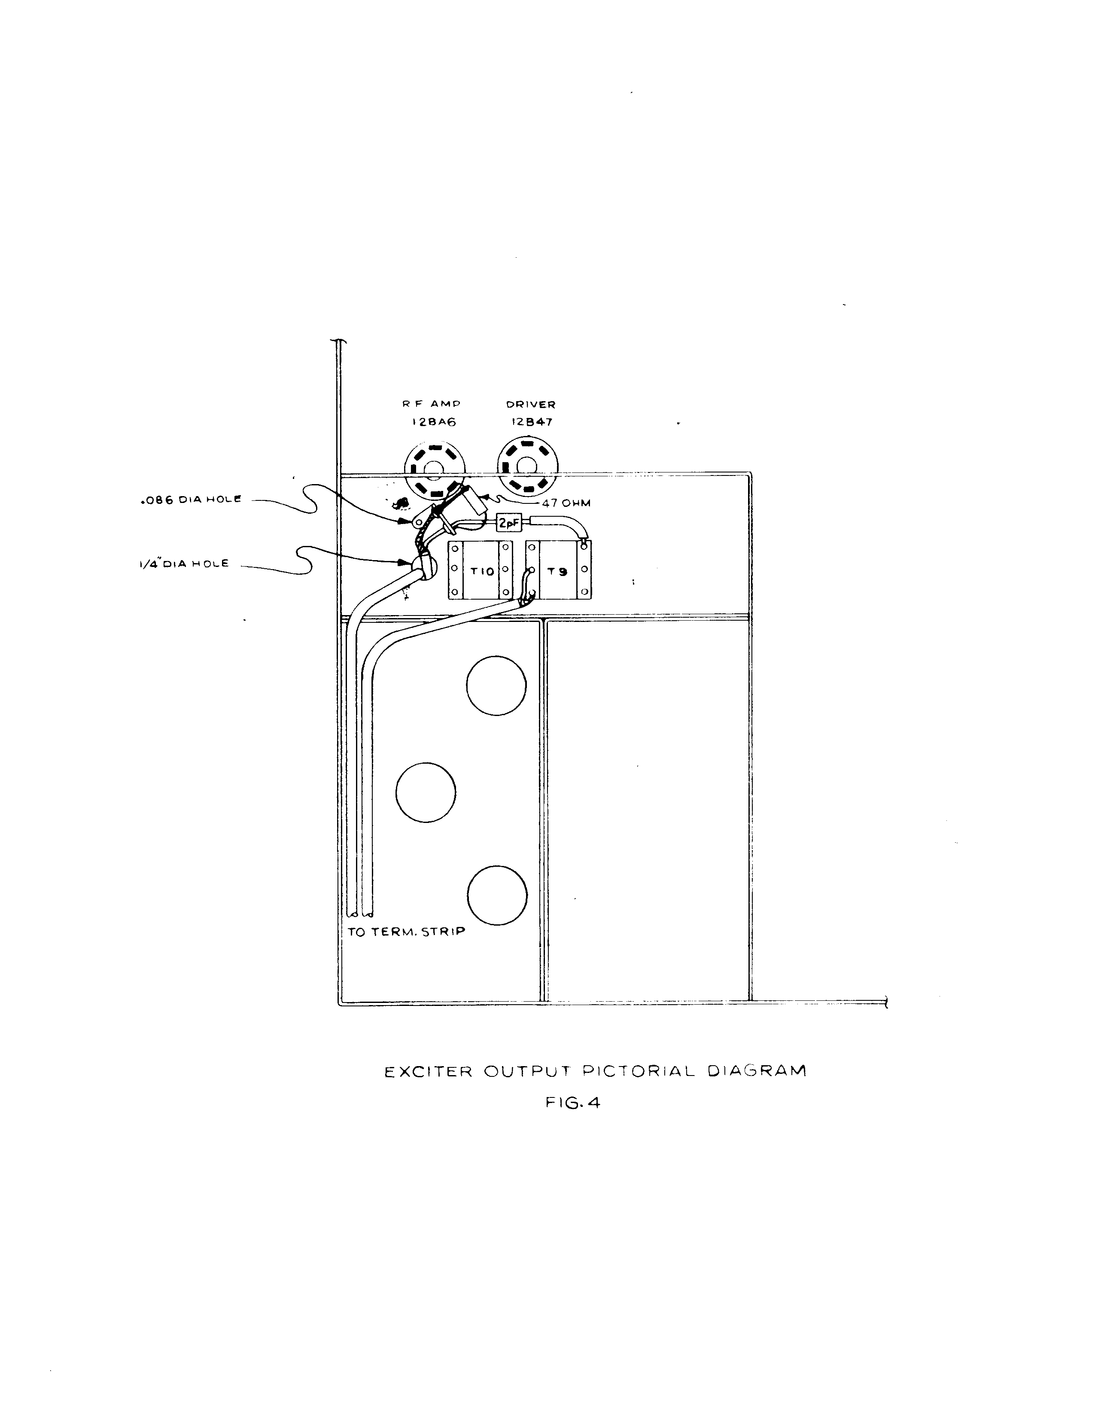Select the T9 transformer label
tap(557, 572)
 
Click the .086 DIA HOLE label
tap(191, 500)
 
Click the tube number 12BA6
tap(434, 422)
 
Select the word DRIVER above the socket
tap(531, 404)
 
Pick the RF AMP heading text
tap(432, 404)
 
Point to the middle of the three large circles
tap(426, 792)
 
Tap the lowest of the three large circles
tap(496, 896)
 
